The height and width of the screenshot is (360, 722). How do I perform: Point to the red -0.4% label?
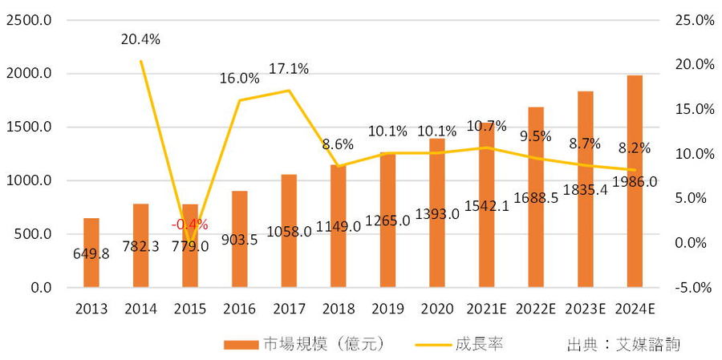click(x=190, y=224)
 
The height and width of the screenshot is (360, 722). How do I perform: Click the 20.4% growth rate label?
click(x=140, y=38)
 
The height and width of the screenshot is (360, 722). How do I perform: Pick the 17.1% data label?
click(x=289, y=69)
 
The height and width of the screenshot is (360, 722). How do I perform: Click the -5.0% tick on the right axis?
click(x=693, y=287)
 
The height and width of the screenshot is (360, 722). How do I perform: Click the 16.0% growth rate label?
click(x=239, y=79)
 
